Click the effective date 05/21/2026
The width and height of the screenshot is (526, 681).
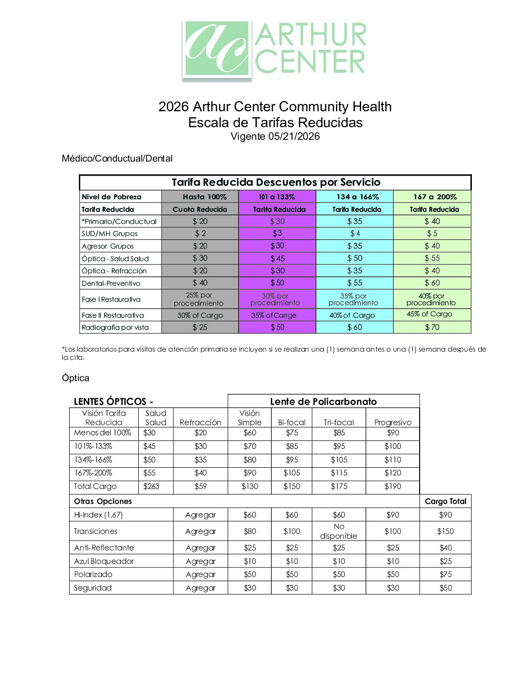coord(294,136)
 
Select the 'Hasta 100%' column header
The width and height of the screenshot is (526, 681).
coord(205,197)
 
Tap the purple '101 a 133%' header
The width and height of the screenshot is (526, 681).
coord(277,197)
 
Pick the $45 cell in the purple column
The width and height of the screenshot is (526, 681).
coord(277,259)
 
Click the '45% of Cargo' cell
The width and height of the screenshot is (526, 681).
coord(429,314)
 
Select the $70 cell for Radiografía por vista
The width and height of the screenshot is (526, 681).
coord(432,327)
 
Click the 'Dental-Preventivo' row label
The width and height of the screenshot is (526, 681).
coord(111,283)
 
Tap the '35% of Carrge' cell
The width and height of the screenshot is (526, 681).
coord(274,315)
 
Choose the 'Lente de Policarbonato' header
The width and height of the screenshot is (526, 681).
coord(323,401)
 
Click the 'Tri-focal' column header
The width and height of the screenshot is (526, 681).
coord(338,422)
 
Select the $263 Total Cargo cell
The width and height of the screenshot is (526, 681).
coord(151,487)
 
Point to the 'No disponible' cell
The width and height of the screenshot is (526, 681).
coord(338,531)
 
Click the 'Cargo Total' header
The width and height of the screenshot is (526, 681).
coord(445,502)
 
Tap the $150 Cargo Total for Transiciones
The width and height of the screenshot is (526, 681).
coord(445,531)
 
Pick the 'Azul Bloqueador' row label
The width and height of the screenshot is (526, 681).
coord(103,561)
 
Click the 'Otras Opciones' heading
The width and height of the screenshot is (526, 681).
coord(103,502)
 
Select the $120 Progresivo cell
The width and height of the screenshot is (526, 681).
coord(393,473)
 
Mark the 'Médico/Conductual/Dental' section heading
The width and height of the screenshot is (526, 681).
coord(117,159)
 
